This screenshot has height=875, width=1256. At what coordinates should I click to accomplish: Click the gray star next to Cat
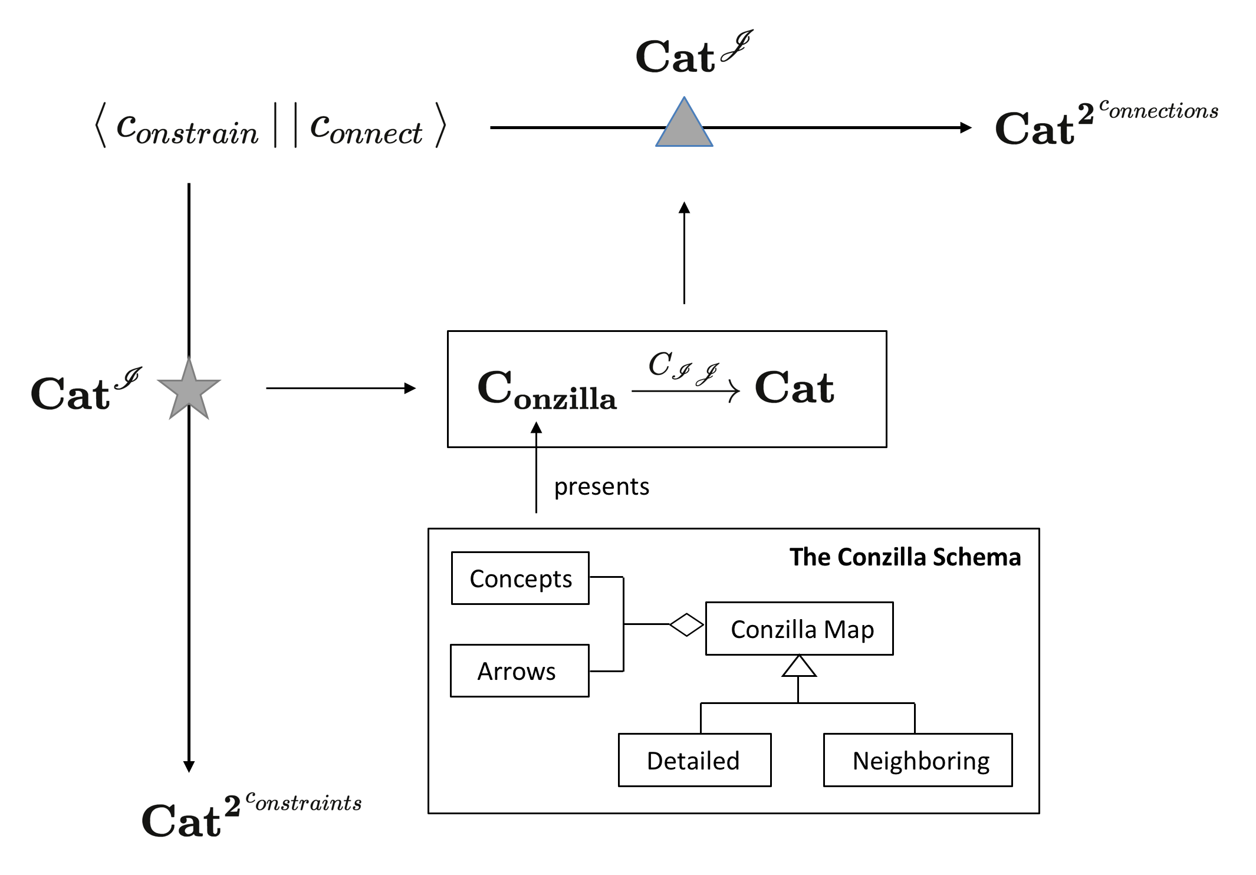(x=189, y=390)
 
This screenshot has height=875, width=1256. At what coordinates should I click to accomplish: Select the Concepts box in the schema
(x=520, y=578)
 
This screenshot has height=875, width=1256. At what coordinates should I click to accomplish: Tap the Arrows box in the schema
(x=520, y=671)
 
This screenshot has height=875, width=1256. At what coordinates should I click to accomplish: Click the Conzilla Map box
(x=799, y=629)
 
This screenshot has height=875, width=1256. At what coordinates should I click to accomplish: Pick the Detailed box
(x=694, y=760)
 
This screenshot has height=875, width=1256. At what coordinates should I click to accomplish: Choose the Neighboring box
(x=918, y=760)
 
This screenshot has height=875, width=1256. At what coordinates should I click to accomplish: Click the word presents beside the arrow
(x=601, y=487)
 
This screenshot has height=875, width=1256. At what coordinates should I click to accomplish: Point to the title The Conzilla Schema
(x=905, y=557)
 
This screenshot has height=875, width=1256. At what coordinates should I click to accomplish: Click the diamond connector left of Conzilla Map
(x=686, y=624)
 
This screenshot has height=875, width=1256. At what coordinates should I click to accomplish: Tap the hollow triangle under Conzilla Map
(x=798, y=666)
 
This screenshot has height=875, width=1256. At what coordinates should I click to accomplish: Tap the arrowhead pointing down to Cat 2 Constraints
(x=189, y=767)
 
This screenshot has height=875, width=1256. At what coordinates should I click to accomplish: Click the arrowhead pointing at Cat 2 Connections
(x=965, y=127)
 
